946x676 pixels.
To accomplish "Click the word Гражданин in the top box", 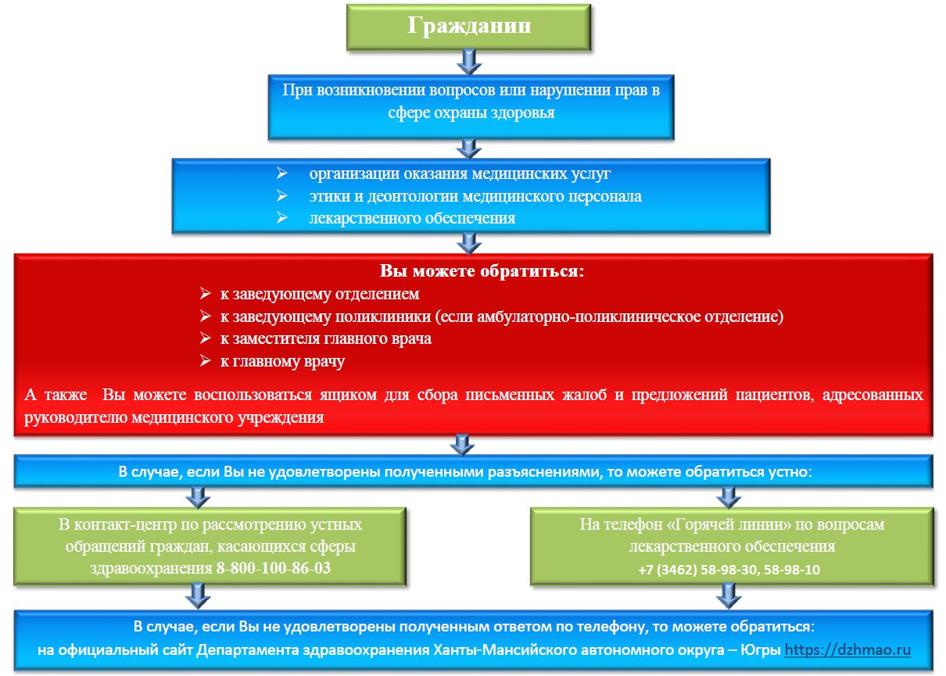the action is tap(469, 26).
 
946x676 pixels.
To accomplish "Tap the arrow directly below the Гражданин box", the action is tap(469, 63).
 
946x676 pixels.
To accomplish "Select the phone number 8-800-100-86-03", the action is tap(273, 568).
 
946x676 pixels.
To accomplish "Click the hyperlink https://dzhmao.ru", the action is tap(847, 649).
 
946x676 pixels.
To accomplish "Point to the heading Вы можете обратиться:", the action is tap(482, 270).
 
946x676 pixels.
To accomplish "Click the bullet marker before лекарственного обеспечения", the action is tap(281, 217).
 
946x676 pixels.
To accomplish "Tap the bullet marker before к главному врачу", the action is tap(206, 360).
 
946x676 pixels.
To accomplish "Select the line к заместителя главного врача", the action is tap(325, 338).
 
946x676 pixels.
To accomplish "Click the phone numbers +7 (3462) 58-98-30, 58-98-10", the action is tap(729, 570).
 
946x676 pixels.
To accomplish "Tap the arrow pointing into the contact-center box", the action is tap(198, 498).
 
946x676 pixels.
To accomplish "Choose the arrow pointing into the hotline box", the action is tap(729, 498).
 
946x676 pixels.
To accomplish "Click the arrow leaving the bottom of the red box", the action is tap(462, 445).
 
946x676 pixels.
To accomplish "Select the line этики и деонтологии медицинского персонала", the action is tap(475, 196).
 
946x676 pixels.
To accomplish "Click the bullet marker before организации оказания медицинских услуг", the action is tap(281, 173).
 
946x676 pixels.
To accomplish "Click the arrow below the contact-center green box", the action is tap(198, 596).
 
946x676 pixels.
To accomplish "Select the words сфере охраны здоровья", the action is tap(471, 113).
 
